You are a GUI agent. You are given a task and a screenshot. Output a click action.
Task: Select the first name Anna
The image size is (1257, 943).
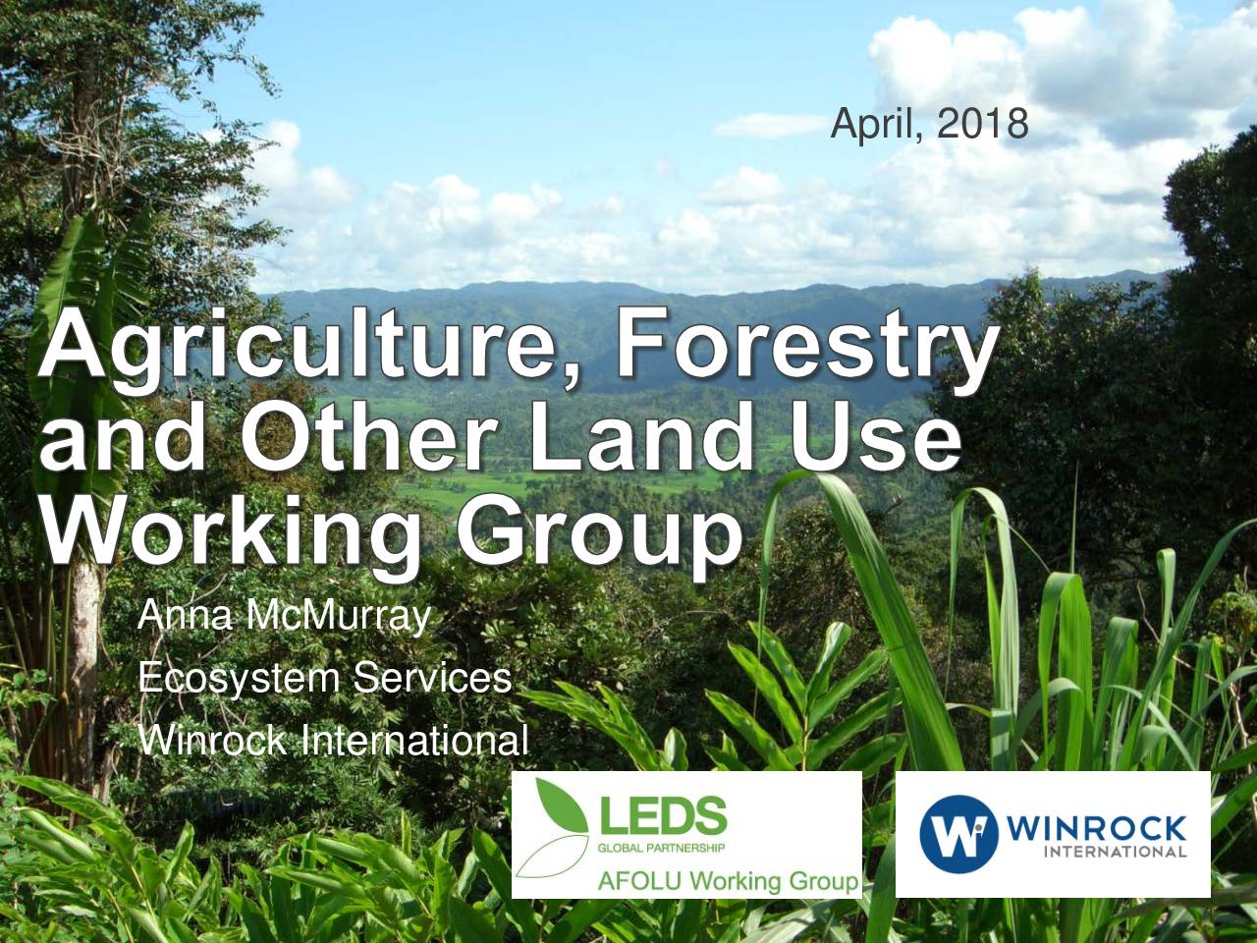(x=185, y=616)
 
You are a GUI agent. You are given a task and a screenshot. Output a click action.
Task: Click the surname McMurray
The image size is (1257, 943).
(x=338, y=617)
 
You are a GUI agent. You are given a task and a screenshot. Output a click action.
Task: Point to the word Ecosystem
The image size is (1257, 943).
(x=240, y=680)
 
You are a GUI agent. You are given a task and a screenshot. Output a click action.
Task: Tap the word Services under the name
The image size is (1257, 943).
(x=432, y=678)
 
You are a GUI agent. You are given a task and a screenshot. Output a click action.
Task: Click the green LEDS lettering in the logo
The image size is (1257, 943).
(x=663, y=816)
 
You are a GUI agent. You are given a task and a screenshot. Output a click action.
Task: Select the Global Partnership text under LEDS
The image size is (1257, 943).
(x=661, y=848)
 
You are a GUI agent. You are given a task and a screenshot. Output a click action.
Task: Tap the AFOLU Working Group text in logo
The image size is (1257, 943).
(x=728, y=880)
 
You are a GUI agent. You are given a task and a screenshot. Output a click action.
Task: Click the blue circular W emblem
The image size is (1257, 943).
(x=958, y=833)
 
